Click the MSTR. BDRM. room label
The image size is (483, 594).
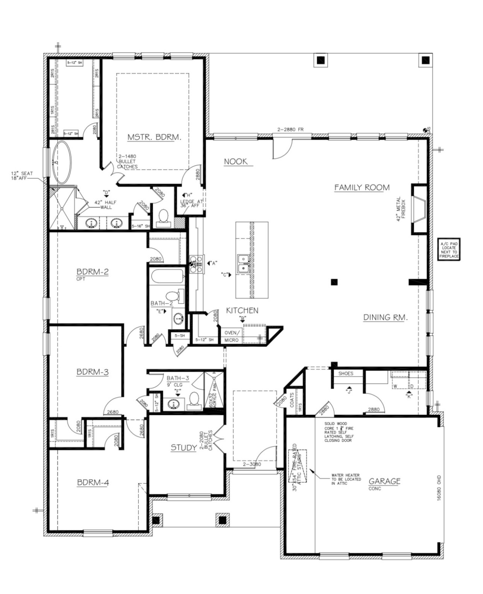154,137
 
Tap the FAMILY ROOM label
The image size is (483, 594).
362,188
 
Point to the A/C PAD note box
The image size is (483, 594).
449,249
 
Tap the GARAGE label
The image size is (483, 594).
384,481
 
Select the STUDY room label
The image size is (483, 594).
184,447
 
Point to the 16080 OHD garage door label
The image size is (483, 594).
439,488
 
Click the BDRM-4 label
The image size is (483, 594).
93,482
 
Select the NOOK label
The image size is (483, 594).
236,161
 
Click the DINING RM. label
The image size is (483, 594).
386,317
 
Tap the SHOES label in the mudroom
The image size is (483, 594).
345,373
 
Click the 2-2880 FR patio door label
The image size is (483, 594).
290,130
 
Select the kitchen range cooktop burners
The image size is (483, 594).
196,264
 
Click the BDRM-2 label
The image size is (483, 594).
92,271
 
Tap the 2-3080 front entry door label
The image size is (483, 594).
252,464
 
